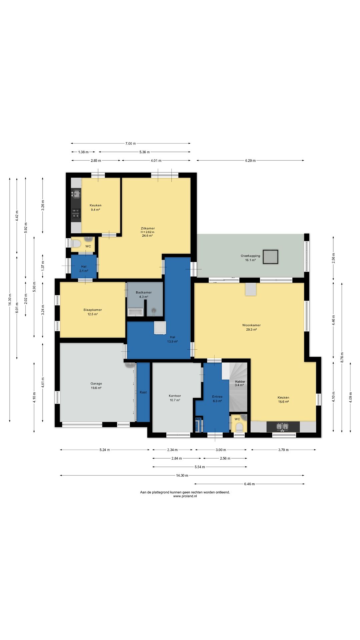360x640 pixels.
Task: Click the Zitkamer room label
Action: click(148, 229)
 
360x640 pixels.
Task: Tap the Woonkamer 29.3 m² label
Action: click(251, 327)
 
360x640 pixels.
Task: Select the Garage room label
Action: click(96, 384)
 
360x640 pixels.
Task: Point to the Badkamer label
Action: click(144, 292)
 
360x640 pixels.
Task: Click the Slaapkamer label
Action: click(93, 310)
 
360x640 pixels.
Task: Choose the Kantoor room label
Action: click(175, 396)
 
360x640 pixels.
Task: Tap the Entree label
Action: click(217, 397)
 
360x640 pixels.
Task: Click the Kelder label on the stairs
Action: click(240, 382)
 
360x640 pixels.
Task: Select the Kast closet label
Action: click(143, 392)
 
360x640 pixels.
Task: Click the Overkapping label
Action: click(250, 256)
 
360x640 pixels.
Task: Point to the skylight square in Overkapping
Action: click(270, 257)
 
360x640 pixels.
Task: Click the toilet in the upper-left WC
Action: click(76, 244)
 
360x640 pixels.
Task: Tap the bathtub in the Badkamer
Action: click(135, 312)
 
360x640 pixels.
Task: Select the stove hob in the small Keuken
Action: click(76, 213)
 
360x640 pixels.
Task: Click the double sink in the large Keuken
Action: click(283, 427)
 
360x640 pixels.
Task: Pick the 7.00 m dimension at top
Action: click(131, 143)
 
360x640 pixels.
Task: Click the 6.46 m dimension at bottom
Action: click(249, 484)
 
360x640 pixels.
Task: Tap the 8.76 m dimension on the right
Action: click(342, 357)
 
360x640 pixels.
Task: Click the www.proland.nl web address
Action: click(185, 496)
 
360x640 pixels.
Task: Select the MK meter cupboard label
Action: click(198, 419)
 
